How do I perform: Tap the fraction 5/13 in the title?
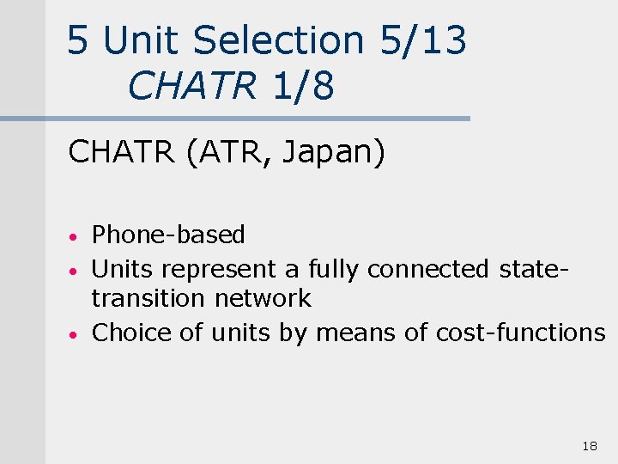[x=421, y=40]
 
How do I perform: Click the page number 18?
[x=589, y=446]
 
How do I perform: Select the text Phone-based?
[x=168, y=235]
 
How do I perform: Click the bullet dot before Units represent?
[x=76, y=271]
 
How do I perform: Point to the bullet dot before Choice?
[x=76, y=334]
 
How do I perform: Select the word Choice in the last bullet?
[x=131, y=333]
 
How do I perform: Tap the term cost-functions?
[x=520, y=333]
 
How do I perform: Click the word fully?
[x=334, y=269]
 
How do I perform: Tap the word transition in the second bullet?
[x=147, y=298]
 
